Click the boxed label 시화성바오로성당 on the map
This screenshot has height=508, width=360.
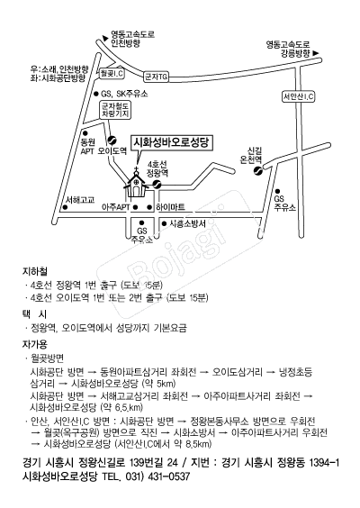(x=172, y=143)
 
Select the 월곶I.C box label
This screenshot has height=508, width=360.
(x=112, y=73)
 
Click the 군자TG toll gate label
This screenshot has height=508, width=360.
(x=156, y=77)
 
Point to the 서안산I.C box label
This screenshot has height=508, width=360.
(x=299, y=96)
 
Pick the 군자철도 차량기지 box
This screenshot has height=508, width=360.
(x=115, y=110)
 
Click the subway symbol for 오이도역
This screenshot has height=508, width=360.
(x=112, y=141)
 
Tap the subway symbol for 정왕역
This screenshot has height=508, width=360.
(x=157, y=185)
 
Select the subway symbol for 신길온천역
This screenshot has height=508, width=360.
(x=258, y=171)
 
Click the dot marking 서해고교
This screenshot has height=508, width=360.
(x=65, y=207)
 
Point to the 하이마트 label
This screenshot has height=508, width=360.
(x=171, y=207)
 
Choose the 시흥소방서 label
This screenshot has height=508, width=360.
(x=188, y=223)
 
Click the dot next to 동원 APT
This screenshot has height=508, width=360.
(x=85, y=133)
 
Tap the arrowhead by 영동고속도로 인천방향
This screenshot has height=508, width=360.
(x=105, y=38)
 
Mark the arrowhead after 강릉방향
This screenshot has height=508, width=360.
(x=316, y=53)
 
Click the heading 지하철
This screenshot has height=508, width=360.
(x=35, y=271)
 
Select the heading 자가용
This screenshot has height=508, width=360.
(x=35, y=344)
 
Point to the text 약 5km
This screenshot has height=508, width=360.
(x=158, y=384)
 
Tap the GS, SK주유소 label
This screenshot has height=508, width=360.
(x=124, y=94)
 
